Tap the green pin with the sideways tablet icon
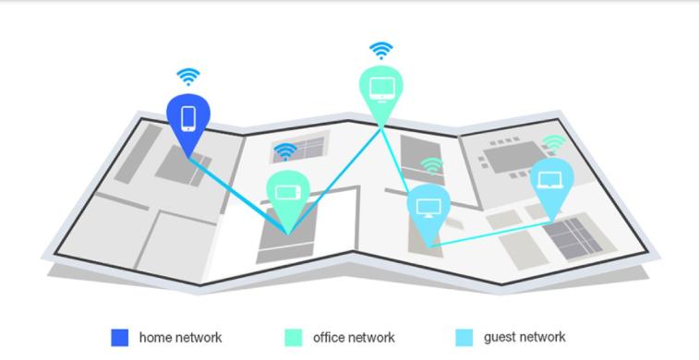pyautogui.click(x=287, y=192)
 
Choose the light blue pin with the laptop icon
pyautogui.click(x=551, y=179)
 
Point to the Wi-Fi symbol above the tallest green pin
pyautogui.click(x=380, y=50)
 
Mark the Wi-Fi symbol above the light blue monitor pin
pyautogui.click(x=431, y=166)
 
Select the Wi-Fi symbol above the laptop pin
pyautogui.click(x=553, y=142)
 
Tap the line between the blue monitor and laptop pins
pyautogui.click(x=489, y=234)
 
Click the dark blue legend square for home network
pyautogui.click(x=119, y=338)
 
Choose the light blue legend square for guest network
pyautogui.click(x=464, y=338)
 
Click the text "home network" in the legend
pyautogui.click(x=180, y=338)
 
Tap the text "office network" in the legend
pyautogui.click(x=354, y=338)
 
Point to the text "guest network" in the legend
pyautogui.click(x=524, y=338)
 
